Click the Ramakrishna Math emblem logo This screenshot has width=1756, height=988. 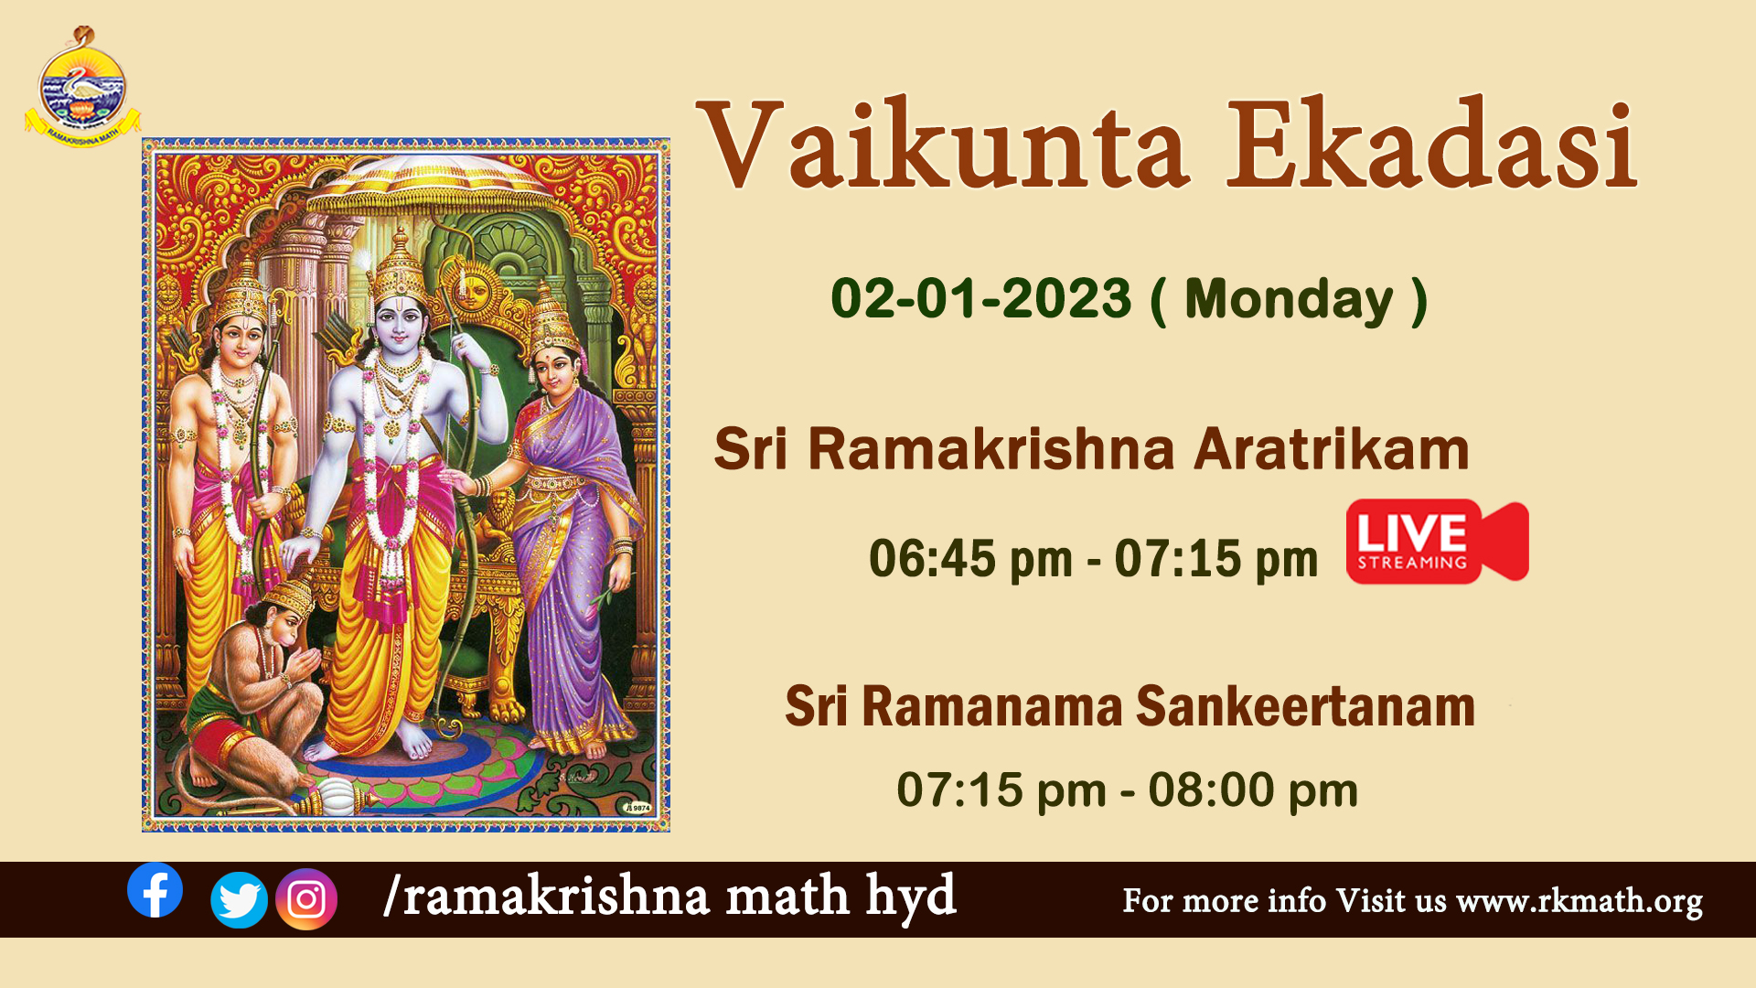(x=82, y=88)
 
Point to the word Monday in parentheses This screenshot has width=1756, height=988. (x=1288, y=300)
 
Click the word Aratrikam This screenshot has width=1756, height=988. (x=1331, y=449)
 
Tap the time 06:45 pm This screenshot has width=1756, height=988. (x=970, y=558)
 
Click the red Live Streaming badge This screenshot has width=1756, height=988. (x=1437, y=541)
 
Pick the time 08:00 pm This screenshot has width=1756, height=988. (x=1253, y=789)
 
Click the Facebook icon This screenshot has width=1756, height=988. (x=155, y=890)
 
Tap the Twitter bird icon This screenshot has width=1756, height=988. (x=239, y=900)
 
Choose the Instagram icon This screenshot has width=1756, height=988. (x=306, y=899)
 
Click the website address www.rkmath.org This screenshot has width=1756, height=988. (x=1579, y=901)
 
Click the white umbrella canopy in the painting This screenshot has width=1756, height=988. (x=430, y=183)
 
